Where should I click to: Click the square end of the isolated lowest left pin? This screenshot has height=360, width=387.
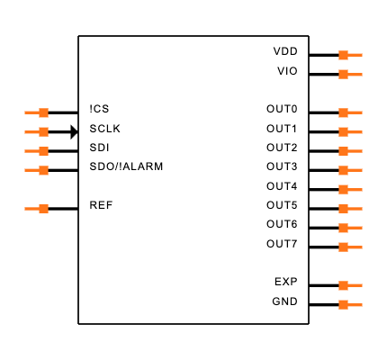pos(43,209)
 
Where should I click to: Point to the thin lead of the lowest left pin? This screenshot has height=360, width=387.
pos(31,209)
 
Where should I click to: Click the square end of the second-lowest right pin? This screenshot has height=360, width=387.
pos(343,285)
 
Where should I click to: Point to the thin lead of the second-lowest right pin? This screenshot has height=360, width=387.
pos(355,285)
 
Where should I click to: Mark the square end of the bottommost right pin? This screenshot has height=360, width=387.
pos(343,304)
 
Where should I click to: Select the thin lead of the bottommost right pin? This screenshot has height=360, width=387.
pos(355,304)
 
